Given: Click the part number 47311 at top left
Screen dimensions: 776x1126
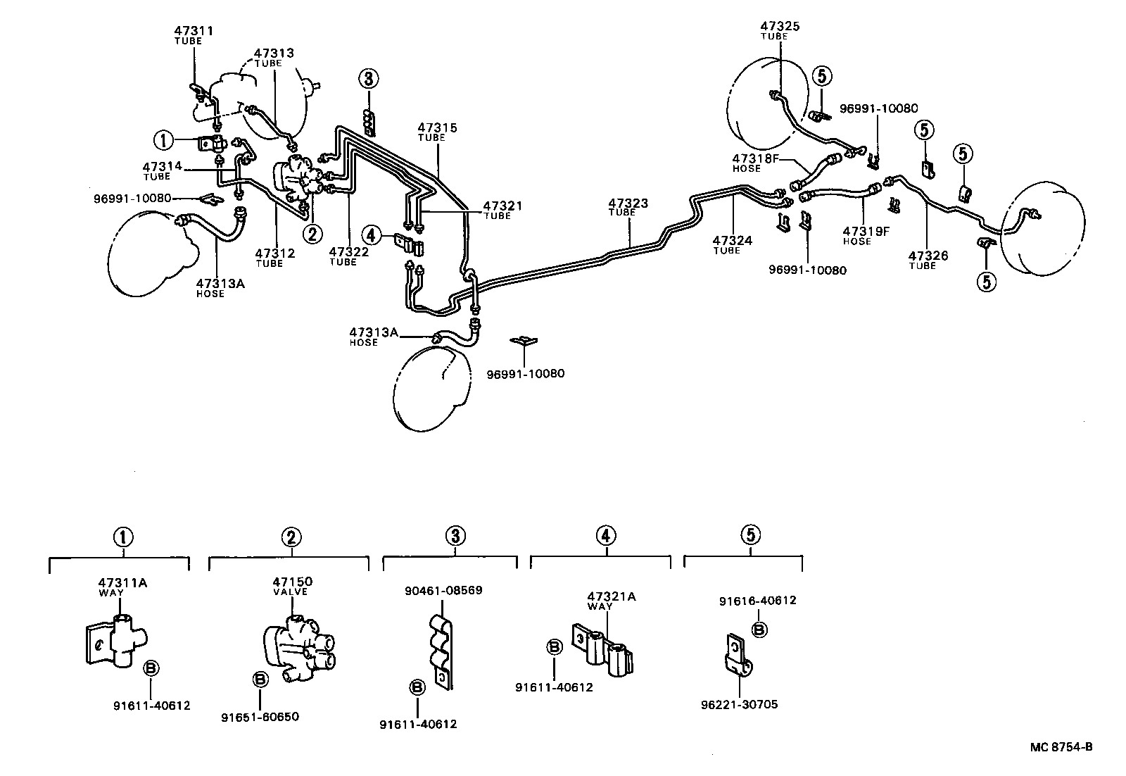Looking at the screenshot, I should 194,31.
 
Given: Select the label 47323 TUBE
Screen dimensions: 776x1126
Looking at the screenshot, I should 628,208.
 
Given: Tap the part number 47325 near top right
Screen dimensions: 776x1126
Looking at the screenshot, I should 780,27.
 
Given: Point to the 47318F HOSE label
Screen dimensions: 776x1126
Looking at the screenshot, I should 756,163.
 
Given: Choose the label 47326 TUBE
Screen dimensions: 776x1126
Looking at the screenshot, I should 928,260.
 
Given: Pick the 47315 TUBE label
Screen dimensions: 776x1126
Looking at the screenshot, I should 437,132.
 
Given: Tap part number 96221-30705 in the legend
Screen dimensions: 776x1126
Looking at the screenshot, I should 739,704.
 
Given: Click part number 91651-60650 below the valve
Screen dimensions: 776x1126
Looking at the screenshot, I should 260,717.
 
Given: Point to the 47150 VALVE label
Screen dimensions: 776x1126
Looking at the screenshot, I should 292,586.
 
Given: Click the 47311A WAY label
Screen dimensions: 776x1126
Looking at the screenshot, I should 122,587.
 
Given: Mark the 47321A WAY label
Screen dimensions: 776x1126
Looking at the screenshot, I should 612,601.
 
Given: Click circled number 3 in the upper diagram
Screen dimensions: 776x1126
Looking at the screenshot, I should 369,79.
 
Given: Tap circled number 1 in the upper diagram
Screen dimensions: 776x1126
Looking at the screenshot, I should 164,141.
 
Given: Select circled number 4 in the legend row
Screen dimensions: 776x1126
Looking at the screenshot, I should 606,536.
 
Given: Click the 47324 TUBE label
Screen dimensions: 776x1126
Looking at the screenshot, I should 732,244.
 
